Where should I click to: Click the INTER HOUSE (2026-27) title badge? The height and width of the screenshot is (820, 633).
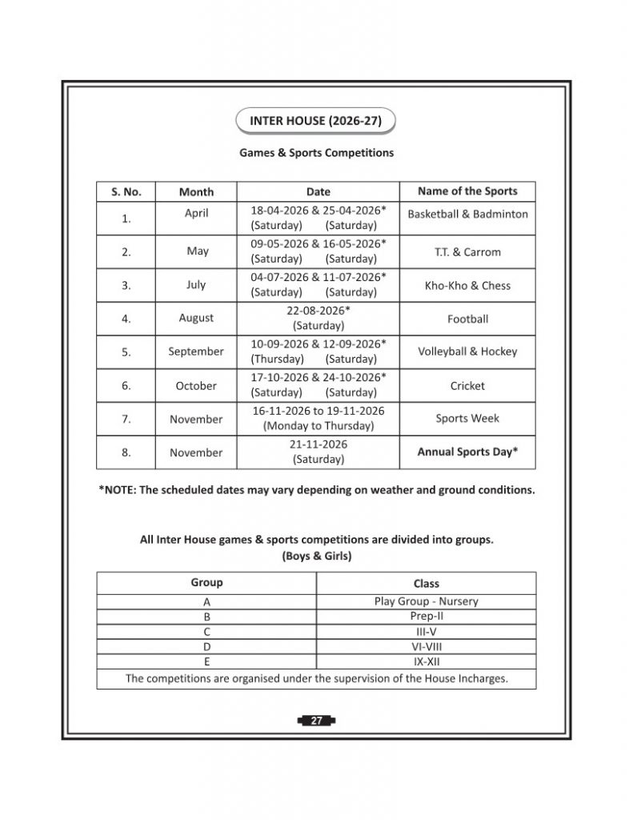(x=316, y=122)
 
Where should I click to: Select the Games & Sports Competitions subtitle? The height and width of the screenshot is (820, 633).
(x=316, y=152)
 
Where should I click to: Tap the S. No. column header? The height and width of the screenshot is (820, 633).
(x=126, y=192)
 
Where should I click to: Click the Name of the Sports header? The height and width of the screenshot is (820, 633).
(x=467, y=191)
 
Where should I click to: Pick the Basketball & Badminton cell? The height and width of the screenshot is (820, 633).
(x=467, y=215)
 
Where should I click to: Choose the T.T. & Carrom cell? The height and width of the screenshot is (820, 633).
(x=467, y=252)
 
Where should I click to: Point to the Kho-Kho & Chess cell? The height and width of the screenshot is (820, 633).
(x=467, y=286)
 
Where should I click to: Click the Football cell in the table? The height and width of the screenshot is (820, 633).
(x=467, y=320)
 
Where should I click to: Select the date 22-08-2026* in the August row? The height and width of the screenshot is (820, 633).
(x=319, y=310)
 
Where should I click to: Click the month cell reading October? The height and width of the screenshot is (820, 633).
(x=196, y=386)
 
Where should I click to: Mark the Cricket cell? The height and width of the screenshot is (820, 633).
(x=467, y=386)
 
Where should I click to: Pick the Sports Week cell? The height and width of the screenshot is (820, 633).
(x=467, y=419)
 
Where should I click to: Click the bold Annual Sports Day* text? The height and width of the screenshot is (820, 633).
(x=467, y=452)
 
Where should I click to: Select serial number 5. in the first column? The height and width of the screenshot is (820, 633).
(x=126, y=352)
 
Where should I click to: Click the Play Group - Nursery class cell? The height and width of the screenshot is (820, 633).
(x=426, y=601)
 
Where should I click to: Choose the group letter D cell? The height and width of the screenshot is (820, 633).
(x=206, y=647)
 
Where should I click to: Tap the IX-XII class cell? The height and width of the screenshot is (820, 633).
(x=426, y=662)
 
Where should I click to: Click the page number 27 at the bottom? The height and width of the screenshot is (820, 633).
(x=316, y=722)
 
